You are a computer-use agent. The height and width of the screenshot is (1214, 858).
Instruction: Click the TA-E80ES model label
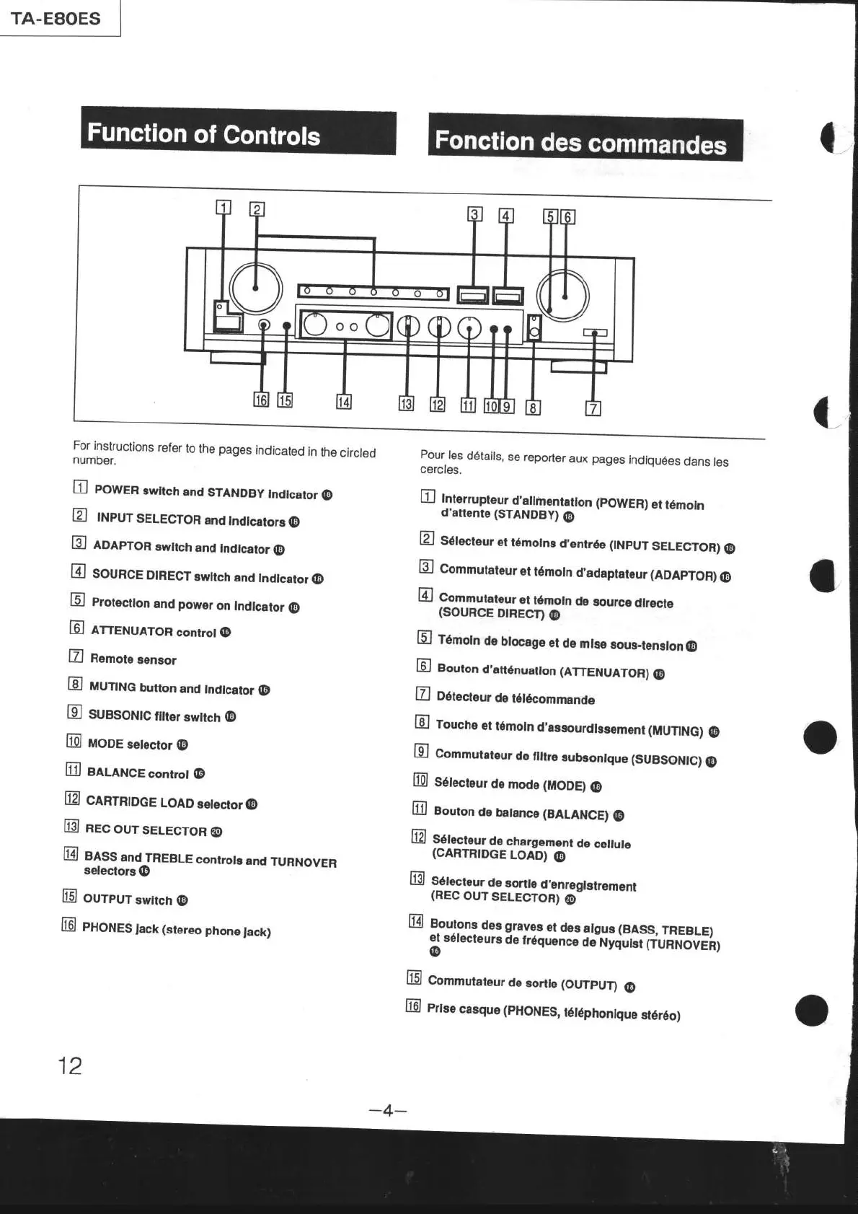click(56, 18)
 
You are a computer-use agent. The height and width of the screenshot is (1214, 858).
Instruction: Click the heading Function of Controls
click(204, 134)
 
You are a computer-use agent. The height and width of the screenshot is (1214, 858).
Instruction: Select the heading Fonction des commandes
click(580, 141)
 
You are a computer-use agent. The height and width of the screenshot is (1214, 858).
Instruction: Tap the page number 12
click(70, 1065)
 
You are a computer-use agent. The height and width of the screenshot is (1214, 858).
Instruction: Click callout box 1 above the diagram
click(224, 208)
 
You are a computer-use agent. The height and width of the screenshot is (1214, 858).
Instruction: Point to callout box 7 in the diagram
click(593, 408)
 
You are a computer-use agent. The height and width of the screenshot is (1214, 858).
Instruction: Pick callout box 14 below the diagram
click(344, 402)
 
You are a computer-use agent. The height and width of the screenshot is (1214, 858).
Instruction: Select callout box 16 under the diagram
click(260, 400)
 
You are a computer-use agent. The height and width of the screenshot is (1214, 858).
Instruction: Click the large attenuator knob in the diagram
click(563, 296)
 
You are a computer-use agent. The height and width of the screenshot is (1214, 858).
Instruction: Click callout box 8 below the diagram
click(533, 408)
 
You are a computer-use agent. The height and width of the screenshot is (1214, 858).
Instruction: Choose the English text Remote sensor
click(133, 659)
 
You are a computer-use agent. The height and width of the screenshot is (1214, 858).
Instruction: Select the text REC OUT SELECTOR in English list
click(146, 830)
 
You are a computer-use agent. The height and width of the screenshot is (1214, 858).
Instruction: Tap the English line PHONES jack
click(176, 929)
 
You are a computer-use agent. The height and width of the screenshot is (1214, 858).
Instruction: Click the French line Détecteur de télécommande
click(516, 698)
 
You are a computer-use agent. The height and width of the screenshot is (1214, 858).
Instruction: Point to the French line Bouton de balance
click(521, 813)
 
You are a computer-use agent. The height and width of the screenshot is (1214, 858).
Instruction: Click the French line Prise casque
click(553, 1011)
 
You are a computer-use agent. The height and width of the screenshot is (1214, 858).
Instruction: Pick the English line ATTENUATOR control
click(154, 631)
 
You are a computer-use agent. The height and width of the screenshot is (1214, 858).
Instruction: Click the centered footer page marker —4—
click(388, 1110)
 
